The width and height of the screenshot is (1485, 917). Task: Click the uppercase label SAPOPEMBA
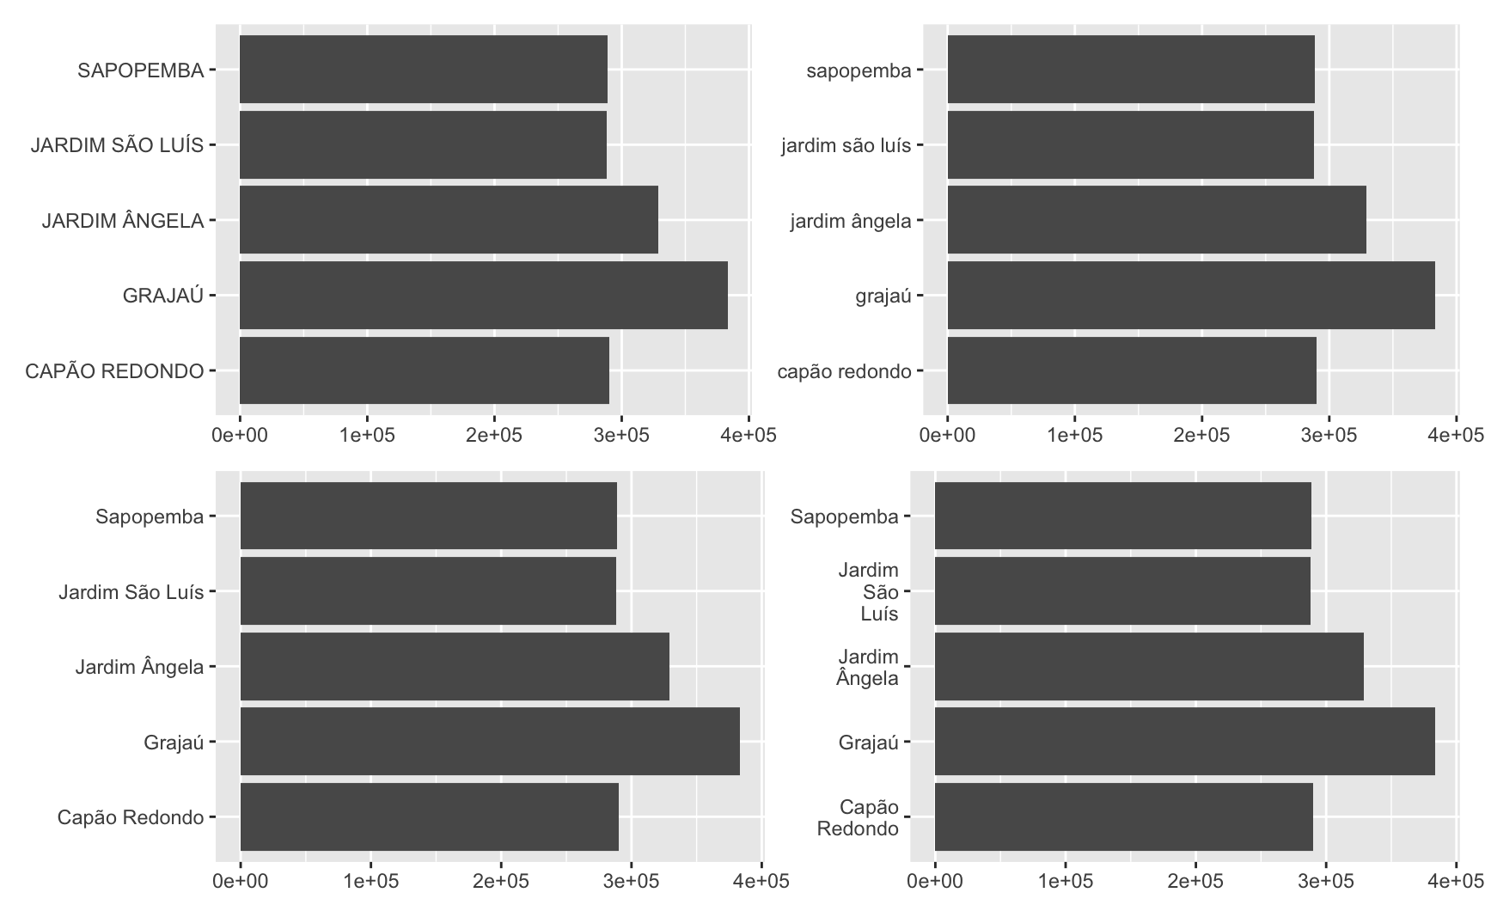[140, 70]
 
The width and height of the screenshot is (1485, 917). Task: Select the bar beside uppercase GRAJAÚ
[483, 296]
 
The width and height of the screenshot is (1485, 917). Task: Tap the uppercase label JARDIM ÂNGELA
[123, 221]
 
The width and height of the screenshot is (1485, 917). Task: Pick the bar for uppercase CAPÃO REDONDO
[424, 370]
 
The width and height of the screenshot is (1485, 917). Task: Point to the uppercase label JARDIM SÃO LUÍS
[117, 145]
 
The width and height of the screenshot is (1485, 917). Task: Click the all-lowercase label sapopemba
[858, 70]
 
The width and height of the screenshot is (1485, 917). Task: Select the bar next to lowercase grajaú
[1190, 296]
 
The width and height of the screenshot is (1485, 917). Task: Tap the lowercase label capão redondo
[844, 371]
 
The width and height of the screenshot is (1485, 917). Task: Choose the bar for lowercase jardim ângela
[1156, 220]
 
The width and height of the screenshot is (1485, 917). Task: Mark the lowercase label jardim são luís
[846, 145]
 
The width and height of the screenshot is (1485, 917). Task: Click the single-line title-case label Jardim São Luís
[131, 592]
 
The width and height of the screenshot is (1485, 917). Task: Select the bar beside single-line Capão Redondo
[429, 816]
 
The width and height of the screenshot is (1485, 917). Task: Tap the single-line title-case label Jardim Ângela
[139, 667]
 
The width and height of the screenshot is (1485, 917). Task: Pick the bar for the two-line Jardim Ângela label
[1148, 667]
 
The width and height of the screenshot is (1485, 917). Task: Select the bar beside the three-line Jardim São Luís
[1121, 591]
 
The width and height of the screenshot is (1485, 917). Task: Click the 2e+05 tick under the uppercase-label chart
[494, 435]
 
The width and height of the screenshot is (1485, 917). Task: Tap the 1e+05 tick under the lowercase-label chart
[1074, 435]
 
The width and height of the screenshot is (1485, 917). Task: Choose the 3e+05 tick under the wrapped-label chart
[1325, 881]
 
